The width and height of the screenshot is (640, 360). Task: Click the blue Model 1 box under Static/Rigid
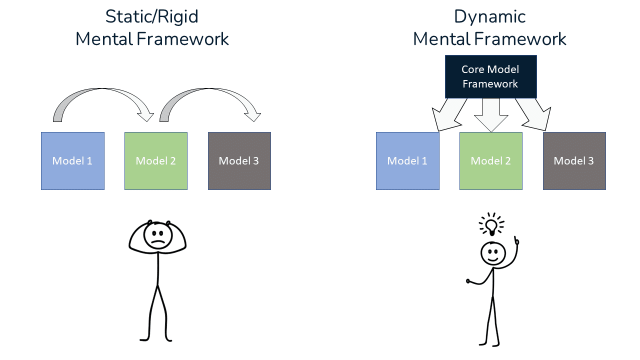(72, 161)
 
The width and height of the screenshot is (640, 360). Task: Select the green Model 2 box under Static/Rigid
(156, 161)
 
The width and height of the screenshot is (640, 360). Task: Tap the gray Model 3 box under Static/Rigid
(239, 161)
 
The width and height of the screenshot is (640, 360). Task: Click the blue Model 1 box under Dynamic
(407, 161)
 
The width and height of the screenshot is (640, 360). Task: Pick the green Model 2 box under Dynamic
(491, 161)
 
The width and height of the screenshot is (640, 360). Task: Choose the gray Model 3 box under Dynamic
(574, 161)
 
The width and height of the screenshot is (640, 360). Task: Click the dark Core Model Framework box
(490, 76)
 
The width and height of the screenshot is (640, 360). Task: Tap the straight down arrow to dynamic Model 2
(491, 115)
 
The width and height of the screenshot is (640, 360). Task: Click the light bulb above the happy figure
(492, 225)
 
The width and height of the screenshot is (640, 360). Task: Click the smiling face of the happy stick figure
(493, 253)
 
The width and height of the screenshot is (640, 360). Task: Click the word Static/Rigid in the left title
(151, 17)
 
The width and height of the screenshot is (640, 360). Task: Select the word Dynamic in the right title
(489, 17)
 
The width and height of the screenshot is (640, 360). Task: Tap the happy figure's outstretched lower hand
(470, 282)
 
